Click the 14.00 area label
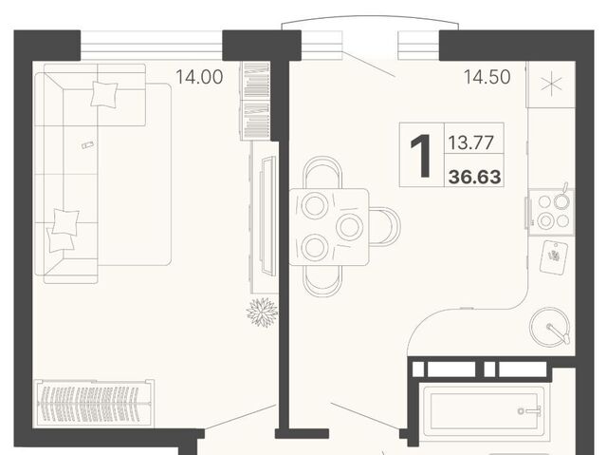click(x=199, y=77)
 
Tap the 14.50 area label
click(x=487, y=77)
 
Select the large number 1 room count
click(x=421, y=156)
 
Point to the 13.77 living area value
click(x=470, y=142)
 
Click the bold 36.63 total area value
click(x=475, y=177)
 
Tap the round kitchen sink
click(x=550, y=328)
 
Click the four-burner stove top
click(x=552, y=212)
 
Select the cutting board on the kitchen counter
click(x=554, y=257)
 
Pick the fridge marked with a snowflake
click(x=551, y=85)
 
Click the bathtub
click(x=485, y=411)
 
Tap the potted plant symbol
click(x=263, y=313)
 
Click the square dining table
click(x=329, y=227)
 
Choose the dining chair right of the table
click(x=385, y=227)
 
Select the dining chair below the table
click(x=322, y=282)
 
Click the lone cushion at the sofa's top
click(x=104, y=94)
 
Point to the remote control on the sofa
click(x=88, y=145)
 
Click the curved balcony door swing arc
click(x=370, y=20)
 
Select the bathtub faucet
click(x=531, y=410)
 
